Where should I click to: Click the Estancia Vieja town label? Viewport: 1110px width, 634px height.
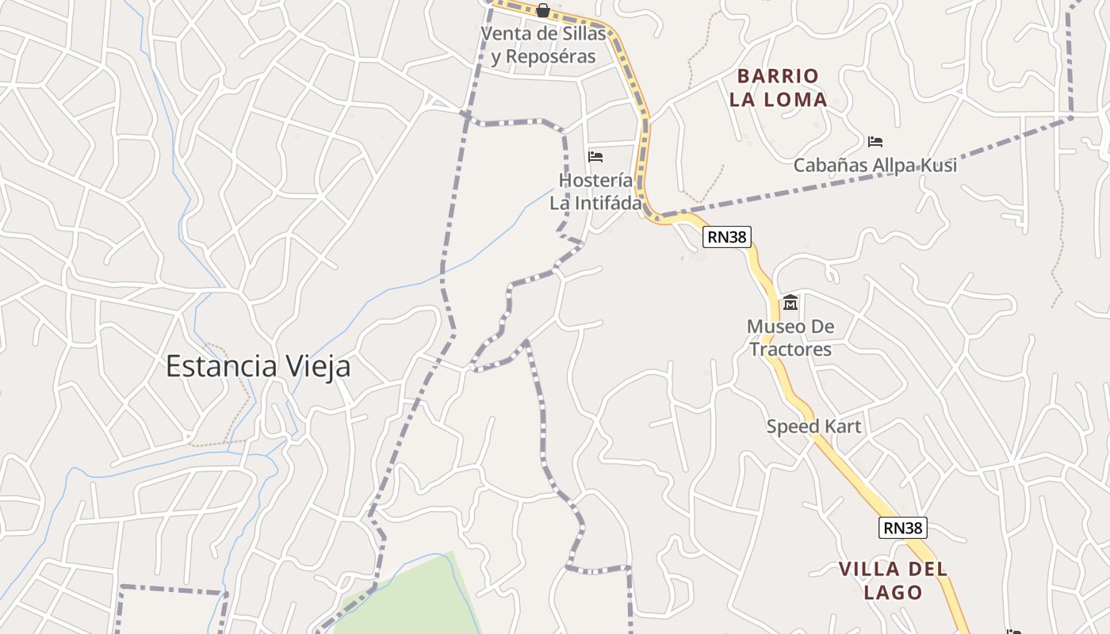pyautogui.click(x=258, y=367)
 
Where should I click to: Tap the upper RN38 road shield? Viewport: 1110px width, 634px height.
pyautogui.click(x=726, y=236)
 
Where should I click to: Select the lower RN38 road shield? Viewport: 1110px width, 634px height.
pyautogui.click(x=902, y=528)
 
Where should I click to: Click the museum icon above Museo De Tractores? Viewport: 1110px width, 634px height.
pyautogui.click(x=790, y=303)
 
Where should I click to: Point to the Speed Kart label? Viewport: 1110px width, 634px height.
pyautogui.click(x=813, y=426)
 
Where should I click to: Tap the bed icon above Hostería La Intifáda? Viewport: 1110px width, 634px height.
pyautogui.click(x=595, y=156)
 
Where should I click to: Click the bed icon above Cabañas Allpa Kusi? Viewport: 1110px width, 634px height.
pyautogui.click(x=875, y=142)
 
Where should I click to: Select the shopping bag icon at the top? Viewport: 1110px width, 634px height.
pyautogui.click(x=543, y=10)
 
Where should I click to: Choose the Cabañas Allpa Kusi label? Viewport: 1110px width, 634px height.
pyautogui.click(x=875, y=166)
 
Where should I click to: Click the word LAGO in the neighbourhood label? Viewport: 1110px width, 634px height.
pyautogui.click(x=894, y=592)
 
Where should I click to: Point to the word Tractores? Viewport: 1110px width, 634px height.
pyautogui.click(x=790, y=349)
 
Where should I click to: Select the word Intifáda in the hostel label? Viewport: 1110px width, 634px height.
pyautogui.click(x=595, y=203)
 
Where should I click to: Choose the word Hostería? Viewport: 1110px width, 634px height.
pyautogui.click(x=595, y=180)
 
